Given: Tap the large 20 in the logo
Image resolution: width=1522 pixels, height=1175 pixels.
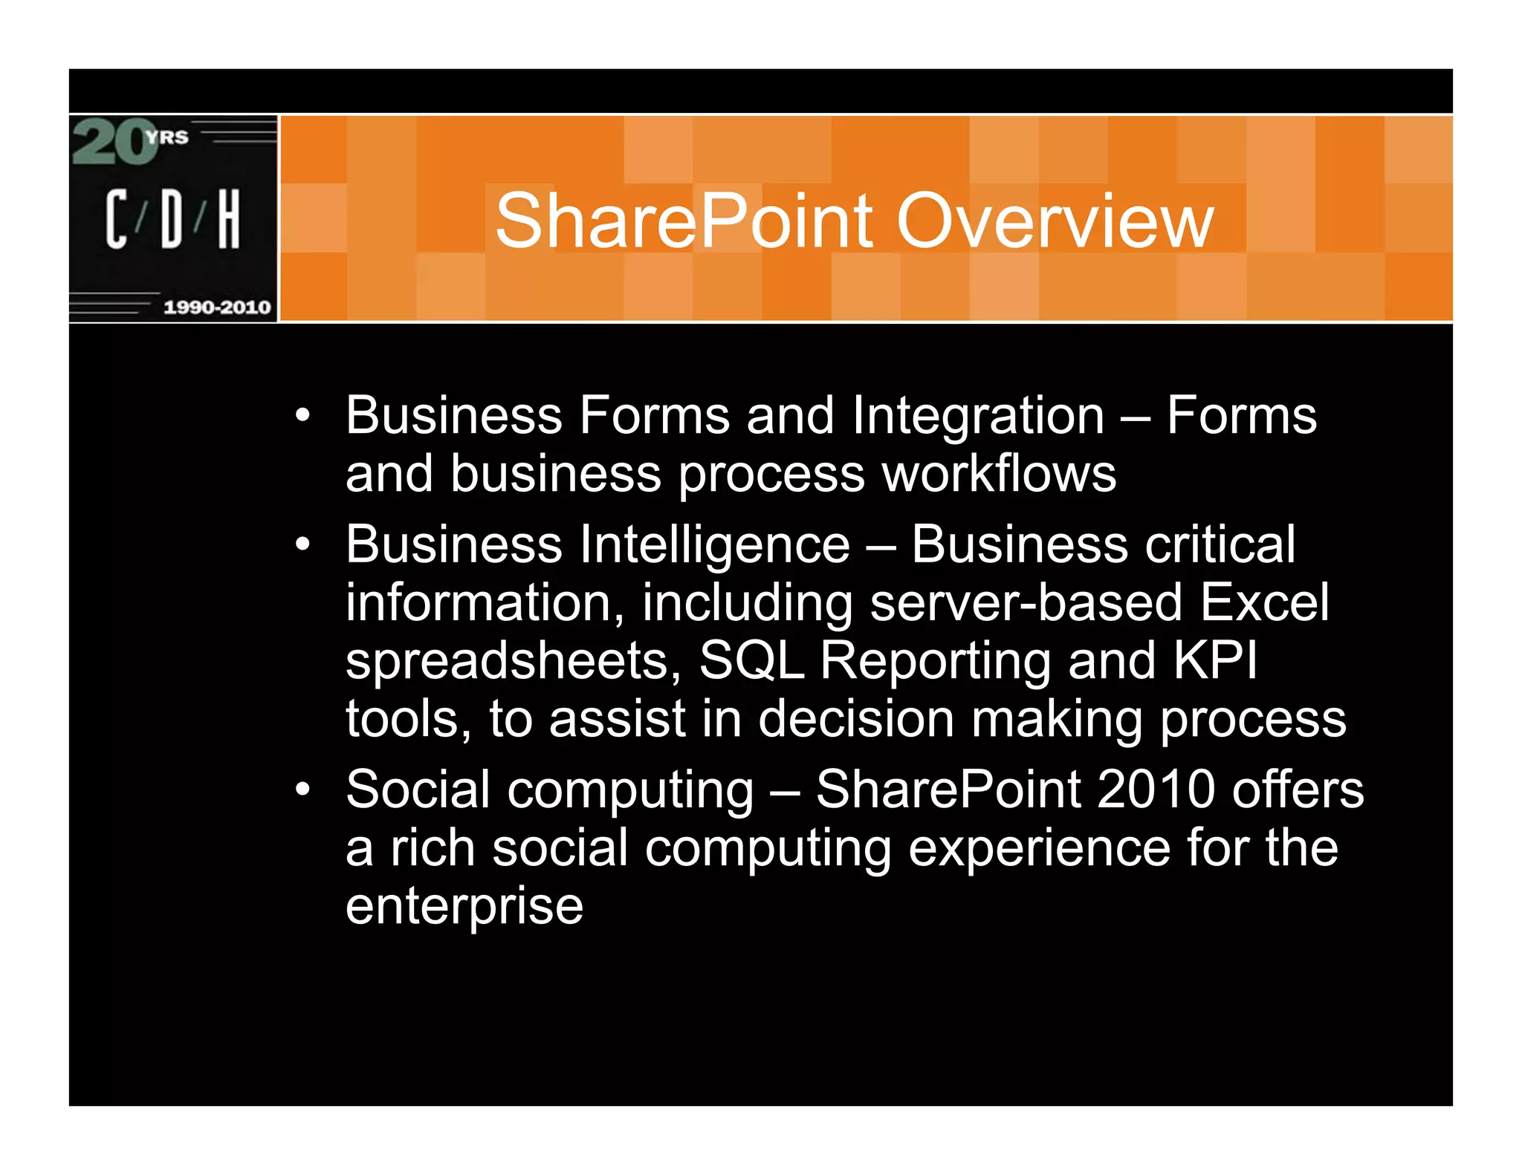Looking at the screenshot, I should click(x=111, y=143).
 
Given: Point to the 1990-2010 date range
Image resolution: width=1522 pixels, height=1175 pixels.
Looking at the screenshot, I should click(x=217, y=307).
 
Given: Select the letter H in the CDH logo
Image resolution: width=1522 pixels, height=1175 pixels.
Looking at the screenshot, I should click(x=229, y=218).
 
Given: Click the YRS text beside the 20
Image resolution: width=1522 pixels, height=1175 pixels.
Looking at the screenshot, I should click(x=167, y=137).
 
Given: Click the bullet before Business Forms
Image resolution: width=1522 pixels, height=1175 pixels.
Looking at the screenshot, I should click(x=302, y=416).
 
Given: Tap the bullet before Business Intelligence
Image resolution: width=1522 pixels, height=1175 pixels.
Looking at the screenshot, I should click(x=302, y=545).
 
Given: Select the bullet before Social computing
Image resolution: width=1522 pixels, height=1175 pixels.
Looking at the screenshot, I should click(x=302, y=790).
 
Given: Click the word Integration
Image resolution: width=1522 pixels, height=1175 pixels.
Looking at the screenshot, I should click(x=978, y=416).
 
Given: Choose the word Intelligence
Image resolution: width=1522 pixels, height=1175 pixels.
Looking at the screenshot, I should click(x=714, y=545).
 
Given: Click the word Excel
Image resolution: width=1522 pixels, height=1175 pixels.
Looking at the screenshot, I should click(x=1264, y=602).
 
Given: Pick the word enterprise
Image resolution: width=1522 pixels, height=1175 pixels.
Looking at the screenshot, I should click(x=464, y=906).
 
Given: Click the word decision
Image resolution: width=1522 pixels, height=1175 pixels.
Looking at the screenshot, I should click(x=856, y=719).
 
